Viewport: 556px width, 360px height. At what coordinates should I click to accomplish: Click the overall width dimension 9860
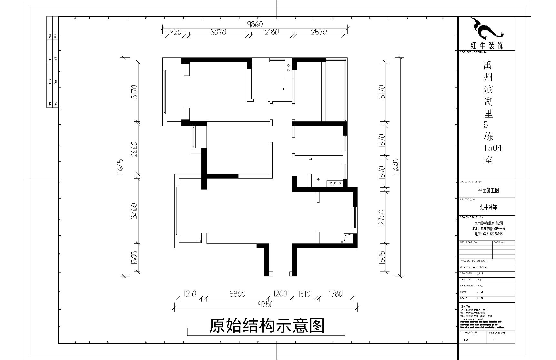(x=255, y=24)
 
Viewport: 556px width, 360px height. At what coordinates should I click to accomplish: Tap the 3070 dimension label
(x=218, y=32)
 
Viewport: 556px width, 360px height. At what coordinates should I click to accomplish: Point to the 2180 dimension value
(x=271, y=32)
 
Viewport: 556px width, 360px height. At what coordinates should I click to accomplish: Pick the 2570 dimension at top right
(x=319, y=32)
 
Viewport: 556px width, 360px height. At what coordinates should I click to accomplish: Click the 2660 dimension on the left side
(x=134, y=149)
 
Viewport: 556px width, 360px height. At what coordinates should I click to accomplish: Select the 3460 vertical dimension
(x=134, y=211)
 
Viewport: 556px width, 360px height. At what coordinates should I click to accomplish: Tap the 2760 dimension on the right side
(x=382, y=218)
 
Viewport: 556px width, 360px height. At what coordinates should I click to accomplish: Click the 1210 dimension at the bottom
(x=190, y=294)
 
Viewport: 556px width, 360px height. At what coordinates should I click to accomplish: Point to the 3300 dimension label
(x=238, y=294)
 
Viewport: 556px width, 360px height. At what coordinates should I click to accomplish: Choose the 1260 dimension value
(x=280, y=294)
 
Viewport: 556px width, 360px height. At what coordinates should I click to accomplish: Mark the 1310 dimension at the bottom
(x=304, y=294)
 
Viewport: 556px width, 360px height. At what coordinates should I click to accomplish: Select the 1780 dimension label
(x=335, y=294)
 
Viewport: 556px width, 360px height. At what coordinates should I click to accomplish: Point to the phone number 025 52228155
(x=489, y=234)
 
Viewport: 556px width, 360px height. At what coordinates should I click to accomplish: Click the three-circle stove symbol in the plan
(x=335, y=183)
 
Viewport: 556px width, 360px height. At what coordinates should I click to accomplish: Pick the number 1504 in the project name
(x=492, y=148)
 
